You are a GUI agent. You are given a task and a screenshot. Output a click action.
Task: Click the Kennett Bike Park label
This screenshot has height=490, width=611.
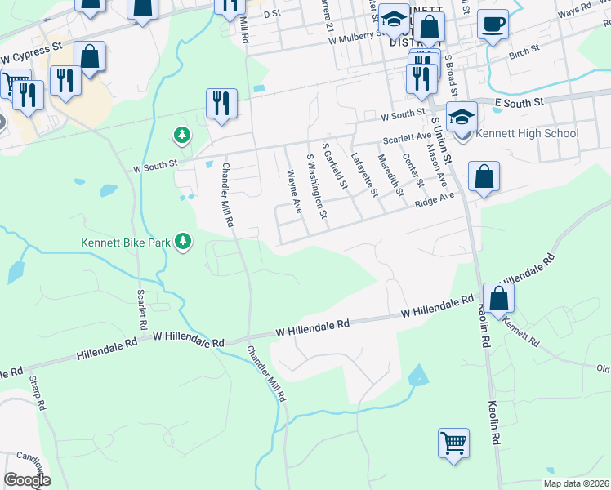130,242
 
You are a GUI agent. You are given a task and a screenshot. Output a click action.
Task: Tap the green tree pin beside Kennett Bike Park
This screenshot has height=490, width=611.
185,242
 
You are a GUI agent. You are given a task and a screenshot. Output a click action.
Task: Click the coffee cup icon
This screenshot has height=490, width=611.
493,24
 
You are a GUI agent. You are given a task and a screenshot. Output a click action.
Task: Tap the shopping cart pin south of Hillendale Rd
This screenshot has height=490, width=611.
453,444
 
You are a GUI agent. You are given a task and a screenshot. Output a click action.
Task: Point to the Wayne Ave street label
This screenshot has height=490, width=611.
294,191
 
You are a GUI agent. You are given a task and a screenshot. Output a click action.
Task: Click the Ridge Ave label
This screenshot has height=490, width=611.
435,199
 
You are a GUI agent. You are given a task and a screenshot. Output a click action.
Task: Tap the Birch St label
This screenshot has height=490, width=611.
524,51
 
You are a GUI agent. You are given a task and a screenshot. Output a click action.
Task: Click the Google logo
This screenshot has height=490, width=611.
27,479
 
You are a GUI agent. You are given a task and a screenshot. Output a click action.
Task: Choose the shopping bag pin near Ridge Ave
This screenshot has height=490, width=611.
484,177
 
